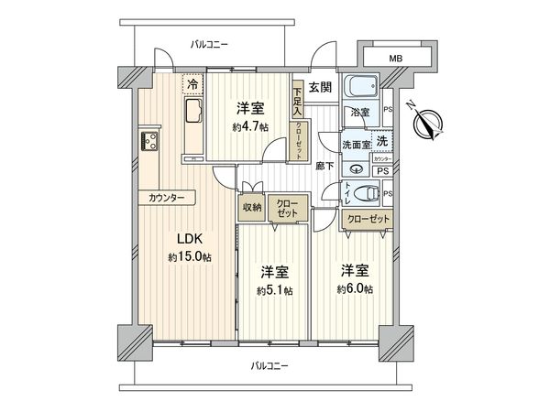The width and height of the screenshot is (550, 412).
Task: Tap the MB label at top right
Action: point(395,59)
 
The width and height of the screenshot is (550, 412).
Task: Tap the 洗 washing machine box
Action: point(381,141)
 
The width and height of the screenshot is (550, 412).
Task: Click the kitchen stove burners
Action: point(148,142)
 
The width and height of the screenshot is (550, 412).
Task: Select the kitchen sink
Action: point(193,115)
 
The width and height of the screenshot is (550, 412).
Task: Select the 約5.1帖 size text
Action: point(275,290)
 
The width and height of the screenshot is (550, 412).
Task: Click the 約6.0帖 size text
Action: point(355,288)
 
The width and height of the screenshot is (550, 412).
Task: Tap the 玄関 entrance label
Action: point(320,88)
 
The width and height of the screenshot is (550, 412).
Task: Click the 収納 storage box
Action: point(253,209)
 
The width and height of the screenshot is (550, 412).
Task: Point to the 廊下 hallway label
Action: point(324,166)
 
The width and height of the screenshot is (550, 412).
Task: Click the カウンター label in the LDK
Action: point(166,199)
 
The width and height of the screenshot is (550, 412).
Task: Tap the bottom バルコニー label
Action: point(269,366)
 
